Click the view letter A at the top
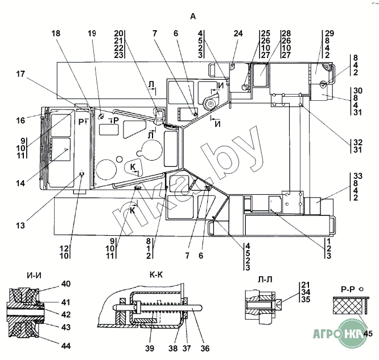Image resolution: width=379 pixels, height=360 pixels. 193,17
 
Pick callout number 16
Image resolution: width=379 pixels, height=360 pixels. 20,121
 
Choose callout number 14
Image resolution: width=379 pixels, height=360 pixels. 20,183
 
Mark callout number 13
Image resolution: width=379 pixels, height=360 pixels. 20,226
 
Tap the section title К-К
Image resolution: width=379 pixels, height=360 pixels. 156,275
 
